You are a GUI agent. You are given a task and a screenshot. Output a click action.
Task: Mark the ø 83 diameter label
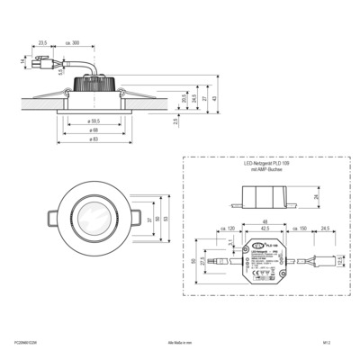93,139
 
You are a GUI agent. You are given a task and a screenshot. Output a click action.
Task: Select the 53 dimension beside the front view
165,217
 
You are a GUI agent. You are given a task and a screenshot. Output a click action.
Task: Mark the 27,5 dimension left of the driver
202,260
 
